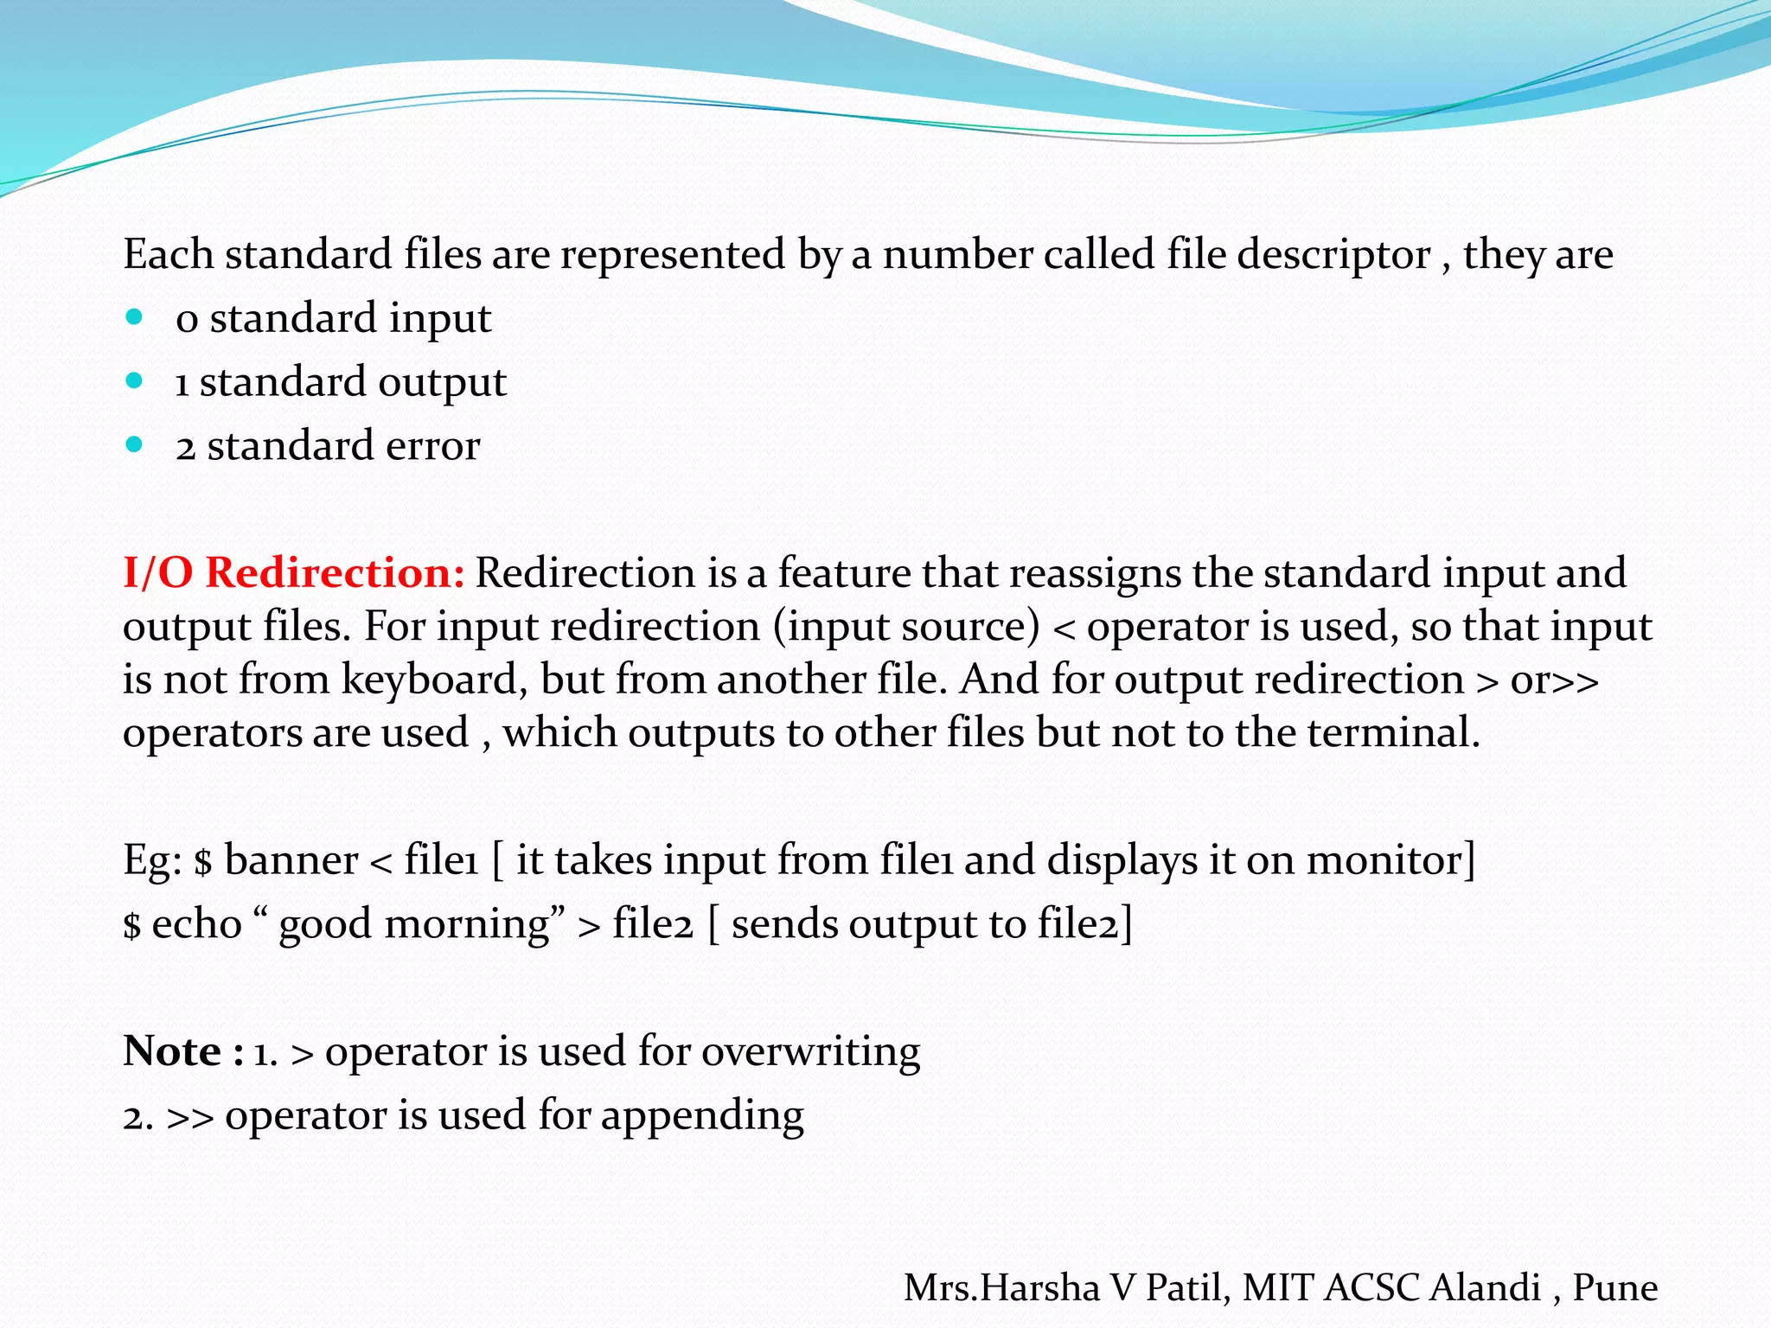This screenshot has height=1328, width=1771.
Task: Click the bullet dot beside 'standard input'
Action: pyautogui.click(x=134, y=317)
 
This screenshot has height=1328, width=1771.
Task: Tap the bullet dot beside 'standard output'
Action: pyautogui.click(x=134, y=381)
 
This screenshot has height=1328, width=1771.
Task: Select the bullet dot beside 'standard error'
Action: pyautogui.click(x=134, y=445)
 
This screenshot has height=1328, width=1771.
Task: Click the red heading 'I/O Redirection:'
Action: pyautogui.click(x=294, y=573)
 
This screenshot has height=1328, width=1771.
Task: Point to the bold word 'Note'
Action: pyautogui.click(x=172, y=1051)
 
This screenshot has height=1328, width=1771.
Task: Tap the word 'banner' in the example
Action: pyautogui.click(x=291, y=860)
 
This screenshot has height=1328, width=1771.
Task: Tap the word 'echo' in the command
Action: pyautogui.click(x=197, y=924)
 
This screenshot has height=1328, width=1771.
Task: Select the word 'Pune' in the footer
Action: pyautogui.click(x=1614, y=1288)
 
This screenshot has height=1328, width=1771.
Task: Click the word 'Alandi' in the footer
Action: pyautogui.click(x=1485, y=1288)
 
